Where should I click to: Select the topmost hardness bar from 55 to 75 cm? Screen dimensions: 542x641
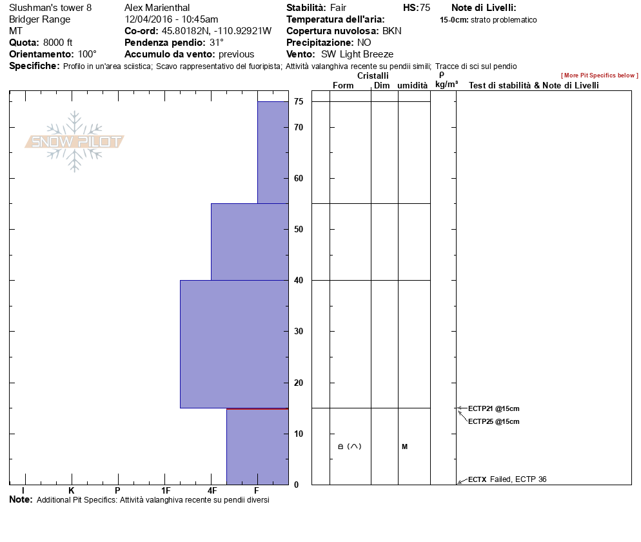273,152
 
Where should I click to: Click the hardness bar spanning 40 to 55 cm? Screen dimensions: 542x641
250,242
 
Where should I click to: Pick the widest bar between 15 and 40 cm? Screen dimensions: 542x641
234,344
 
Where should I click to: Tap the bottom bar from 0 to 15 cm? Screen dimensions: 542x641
257,447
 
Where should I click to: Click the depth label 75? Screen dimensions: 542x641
299,101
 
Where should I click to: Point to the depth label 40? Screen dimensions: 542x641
299,281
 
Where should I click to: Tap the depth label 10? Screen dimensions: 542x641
299,434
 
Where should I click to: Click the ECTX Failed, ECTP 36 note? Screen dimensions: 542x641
507,479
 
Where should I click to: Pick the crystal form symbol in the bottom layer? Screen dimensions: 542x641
349,447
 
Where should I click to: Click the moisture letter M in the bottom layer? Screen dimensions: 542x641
404,447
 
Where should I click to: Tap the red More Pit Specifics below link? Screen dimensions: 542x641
599,75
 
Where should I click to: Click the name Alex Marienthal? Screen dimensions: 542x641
157,8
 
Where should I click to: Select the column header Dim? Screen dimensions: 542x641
382,86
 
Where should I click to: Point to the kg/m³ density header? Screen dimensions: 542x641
446,85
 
